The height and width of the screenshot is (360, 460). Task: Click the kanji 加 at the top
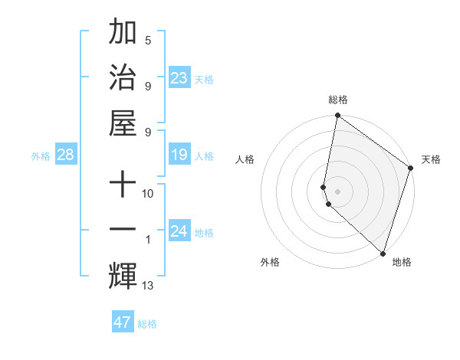pyautogui.click(x=123, y=34)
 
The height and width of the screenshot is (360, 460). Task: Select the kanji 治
pyautogui.click(x=123, y=77)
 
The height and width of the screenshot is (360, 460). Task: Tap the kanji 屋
pyautogui.click(x=123, y=122)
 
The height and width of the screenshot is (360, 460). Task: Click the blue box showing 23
pyautogui.click(x=179, y=78)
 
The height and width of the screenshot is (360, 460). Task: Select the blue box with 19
pyautogui.click(x=179, y=155)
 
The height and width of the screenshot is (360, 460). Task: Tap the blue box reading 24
pyautogui.click(x=179, y=231)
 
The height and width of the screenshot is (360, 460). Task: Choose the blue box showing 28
pyautogui.click(x=65, y=155)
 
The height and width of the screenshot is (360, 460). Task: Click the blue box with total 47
pyautogui.click(x=123, y=322)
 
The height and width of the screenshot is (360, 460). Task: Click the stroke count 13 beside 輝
pyautogui.click(x=148, y=286)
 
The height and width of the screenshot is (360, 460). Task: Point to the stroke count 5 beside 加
pyautogui.click(x=148, y=40)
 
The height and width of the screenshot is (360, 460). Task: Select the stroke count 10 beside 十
pyautogui.click(x=148, y=194)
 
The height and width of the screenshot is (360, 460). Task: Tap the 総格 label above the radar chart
pyautogui.click(x=338, y=100)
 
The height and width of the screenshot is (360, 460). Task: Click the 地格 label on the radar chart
pyautogui.click(x=402, y=262)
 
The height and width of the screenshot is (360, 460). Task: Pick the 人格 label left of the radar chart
pyautogui.click(x=245, y=159)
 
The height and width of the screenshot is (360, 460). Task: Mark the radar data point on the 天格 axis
pyautogui.click(x=411, y=169)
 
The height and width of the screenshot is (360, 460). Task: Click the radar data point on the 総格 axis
pyautogui.click(x=337, y=116)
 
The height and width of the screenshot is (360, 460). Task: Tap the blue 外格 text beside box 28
pyautogui.click(x=41, y=156)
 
